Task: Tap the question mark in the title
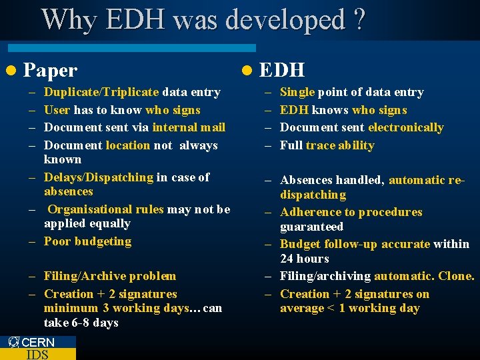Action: [360, 20]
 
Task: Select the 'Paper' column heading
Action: [51, 70]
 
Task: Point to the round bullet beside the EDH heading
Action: [247, 70]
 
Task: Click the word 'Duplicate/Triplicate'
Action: [101, 93]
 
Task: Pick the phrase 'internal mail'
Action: [189, 127]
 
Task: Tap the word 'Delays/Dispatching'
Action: [99, 177]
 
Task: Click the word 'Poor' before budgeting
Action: [57, 241]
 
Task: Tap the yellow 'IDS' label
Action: [37, 354]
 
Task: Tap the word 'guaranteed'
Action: [312, 227]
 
